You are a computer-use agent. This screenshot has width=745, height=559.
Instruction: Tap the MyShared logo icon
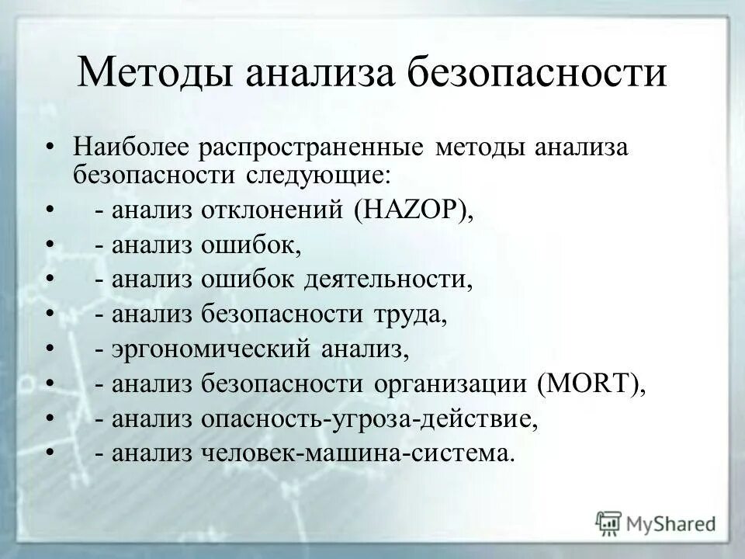(x=609, y=522)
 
